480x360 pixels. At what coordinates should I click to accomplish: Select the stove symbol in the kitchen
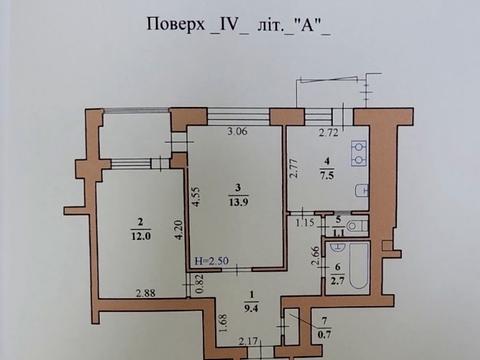click(358, 155)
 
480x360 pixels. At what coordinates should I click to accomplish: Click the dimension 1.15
click(307, 221)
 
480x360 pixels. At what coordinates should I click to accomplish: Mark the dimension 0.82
click(199, 283)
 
